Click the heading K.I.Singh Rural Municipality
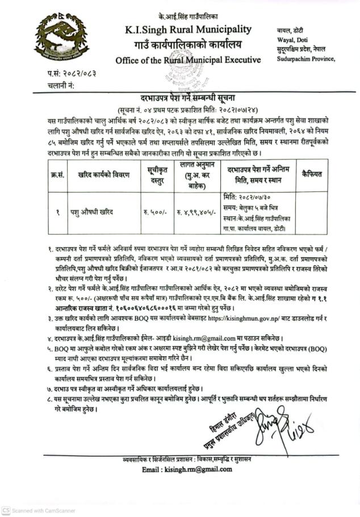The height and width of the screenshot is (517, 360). coord(189,30)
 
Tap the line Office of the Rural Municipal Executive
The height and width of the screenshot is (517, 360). coord(188,60)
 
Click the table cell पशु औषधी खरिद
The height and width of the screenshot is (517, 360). coord(93,211)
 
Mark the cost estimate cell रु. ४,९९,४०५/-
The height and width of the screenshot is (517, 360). coord(195,212)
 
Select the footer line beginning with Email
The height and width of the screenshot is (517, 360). coord(187,469)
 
